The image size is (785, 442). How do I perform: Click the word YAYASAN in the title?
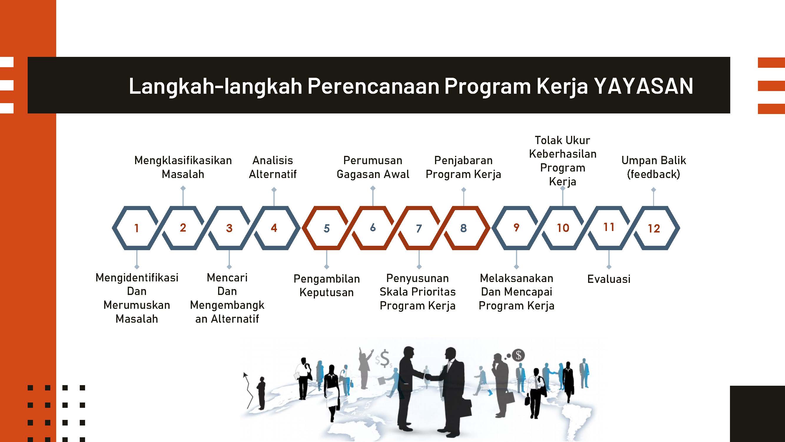coord(644,86)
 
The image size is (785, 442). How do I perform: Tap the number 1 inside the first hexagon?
coord(137,228)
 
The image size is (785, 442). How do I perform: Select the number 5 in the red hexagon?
coord(327,228)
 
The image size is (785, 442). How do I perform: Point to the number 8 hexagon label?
coord(464,228)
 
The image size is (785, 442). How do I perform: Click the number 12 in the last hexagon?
coord(654,228)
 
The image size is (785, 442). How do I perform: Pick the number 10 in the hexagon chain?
coord(563,228)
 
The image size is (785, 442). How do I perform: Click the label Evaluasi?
coord(609,279)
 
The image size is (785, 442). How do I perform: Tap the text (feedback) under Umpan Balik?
coord(653,174)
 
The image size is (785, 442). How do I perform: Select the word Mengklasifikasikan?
coord(183,161)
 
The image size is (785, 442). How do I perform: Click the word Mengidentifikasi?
coord(137,278)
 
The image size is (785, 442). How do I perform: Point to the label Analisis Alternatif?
coord(273,167)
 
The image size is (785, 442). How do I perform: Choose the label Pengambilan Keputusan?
coord(327,286)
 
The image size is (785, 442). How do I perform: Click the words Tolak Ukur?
coord(562,140)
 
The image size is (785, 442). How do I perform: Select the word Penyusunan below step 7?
coord(417,278)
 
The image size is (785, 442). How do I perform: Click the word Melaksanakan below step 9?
coord(517,278)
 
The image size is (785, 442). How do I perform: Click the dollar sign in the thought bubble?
coord(519,355)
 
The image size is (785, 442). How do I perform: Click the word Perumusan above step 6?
coord(373,161)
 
